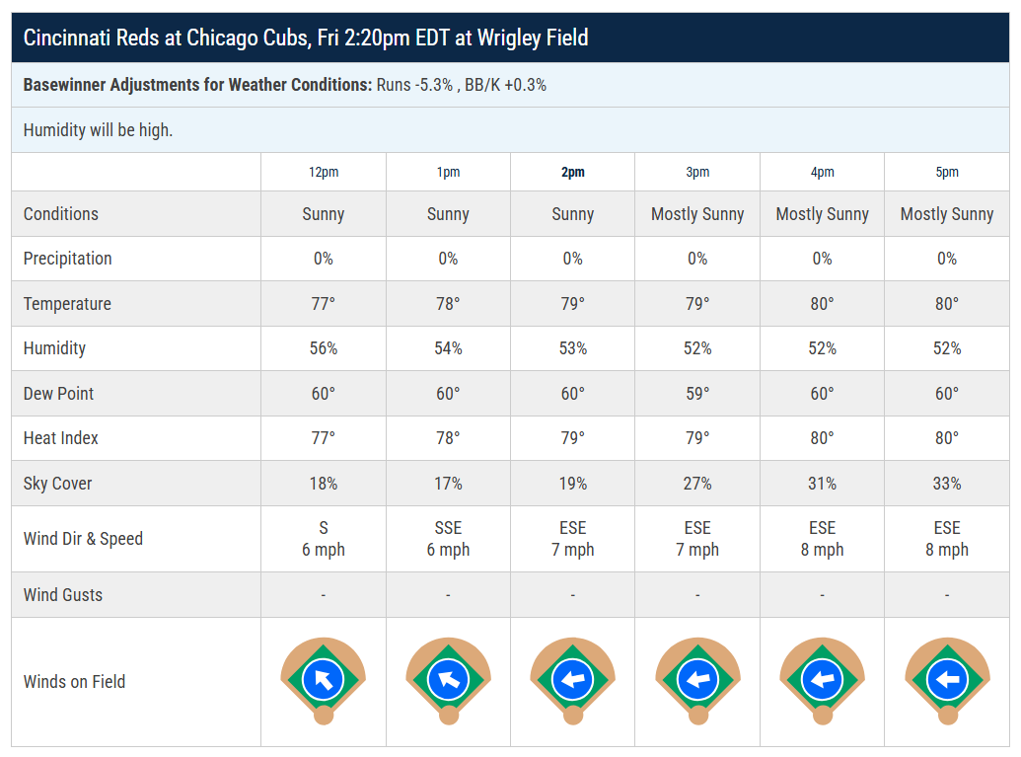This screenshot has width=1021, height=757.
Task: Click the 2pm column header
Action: pos(573,172)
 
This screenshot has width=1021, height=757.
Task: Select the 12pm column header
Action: pos(324,172)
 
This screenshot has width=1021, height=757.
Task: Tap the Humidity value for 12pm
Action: pos(324,348)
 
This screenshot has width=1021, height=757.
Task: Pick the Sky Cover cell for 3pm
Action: pos(697,484)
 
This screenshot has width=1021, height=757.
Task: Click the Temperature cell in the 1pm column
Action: pos(448,304)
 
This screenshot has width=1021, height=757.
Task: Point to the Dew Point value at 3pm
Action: pos(697,394)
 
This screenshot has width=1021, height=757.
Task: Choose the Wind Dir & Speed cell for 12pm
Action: pos(324,539)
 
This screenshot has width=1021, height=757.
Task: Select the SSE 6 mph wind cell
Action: pos(448,539)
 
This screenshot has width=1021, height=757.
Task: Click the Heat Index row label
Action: pos(60,438)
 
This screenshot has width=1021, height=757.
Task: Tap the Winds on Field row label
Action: pos(74,681)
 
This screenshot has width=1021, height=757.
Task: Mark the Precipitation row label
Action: pos(68,259)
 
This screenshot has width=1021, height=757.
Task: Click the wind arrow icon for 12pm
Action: pos(323,679)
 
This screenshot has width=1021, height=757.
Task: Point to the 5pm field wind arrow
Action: pos(947,679)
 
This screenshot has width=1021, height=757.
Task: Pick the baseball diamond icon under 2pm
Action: pos(573,680)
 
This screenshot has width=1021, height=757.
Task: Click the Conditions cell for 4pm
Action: pos(823,214)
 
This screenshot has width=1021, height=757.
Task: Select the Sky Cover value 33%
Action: pos(947,484)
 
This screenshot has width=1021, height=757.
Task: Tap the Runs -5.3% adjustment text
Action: pos(414,85)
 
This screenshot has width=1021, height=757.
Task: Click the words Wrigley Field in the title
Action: pos(533,38)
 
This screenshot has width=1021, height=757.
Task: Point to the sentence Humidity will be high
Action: pos(98,130)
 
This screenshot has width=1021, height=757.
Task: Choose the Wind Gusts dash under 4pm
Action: pos(823,595)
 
